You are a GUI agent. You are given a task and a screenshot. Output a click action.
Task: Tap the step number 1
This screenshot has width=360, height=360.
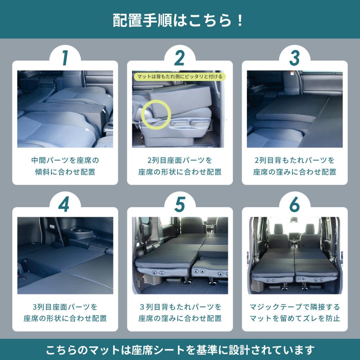pyautogui.click(x=65, y=58)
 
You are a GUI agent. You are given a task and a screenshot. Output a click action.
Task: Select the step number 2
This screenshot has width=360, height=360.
pyautogui.click(x=180, y=58)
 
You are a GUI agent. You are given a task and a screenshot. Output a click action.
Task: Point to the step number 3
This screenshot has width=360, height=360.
pyautogui.click(x=294, y=58)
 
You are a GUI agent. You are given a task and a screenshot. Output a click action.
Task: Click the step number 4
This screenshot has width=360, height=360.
pyautogui.click(x=64, y=204)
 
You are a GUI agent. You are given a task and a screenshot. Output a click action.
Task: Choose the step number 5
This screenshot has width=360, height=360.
pyautogui.click(x=180, y=204)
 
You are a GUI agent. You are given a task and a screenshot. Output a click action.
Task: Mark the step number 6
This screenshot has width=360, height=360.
pyautogui.click(x=294, y=204)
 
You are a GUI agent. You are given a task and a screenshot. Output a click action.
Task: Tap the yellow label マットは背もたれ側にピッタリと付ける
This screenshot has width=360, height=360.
pyautogui.click(x=180, y=76)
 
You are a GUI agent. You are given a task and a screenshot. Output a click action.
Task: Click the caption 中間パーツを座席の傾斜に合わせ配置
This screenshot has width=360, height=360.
pyautogui.click(x=65, y=166)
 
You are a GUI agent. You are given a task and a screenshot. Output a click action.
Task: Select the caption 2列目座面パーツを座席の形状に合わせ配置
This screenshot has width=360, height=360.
pyautogui.click(x=180, y=166)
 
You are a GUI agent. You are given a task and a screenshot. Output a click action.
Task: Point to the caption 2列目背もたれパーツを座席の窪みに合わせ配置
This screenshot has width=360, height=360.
pyautogui.click(x=294, y=166)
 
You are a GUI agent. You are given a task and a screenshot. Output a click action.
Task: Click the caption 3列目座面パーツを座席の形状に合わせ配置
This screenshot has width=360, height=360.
pyautogui.click(x=65, y=312)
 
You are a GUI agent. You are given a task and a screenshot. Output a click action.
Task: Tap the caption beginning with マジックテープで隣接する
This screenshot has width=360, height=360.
pyautogui.click(x=294, y=312)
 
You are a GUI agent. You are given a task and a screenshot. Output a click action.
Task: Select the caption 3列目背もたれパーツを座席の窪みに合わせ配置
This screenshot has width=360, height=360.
pyautogui.click(x=180, y=312)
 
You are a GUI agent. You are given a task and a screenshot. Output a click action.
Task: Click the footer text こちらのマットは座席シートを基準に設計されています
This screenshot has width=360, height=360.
pyautogui.click(x=180, y=350)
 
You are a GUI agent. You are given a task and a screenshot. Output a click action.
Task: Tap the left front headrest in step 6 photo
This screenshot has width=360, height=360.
pyautogui.click(x=279, y=228)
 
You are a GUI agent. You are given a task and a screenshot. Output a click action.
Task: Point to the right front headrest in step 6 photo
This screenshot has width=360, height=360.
pyautogui.click(x=310, y=228)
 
